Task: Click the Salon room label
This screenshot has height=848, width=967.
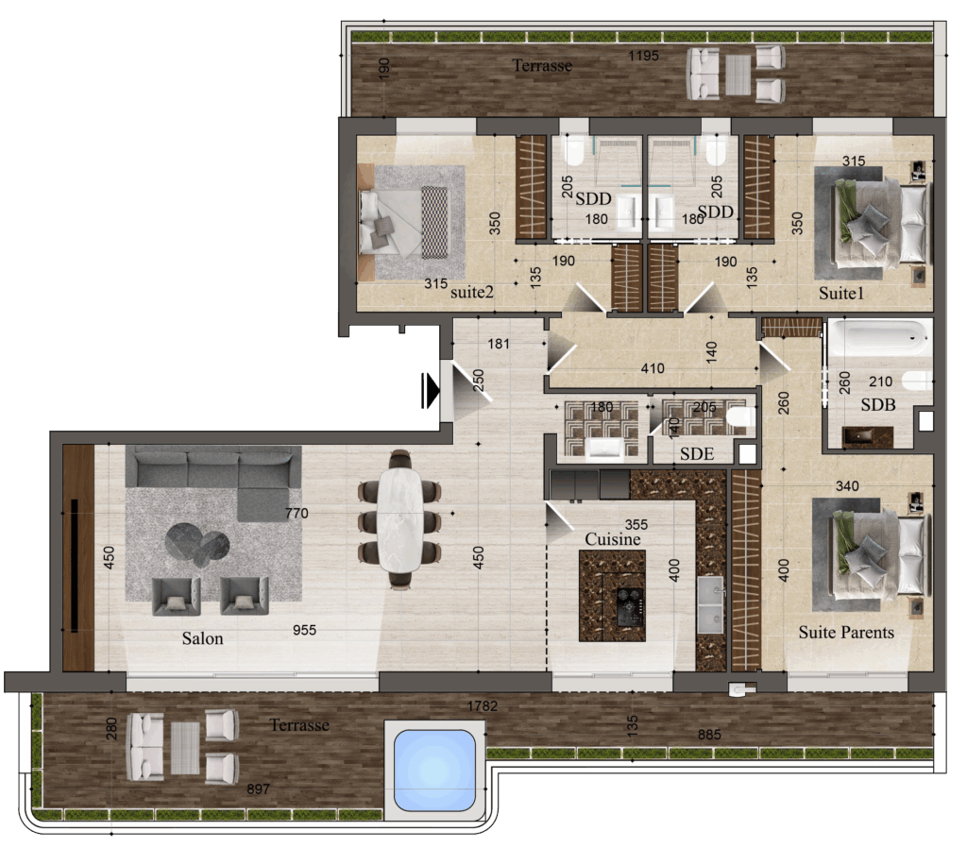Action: (x=202, y=637)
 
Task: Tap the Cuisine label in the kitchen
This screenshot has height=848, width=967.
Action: (x=612, y=539)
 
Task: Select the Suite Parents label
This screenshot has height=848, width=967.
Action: (x=846, y=632)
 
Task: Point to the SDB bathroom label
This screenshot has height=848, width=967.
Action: (x=878, y=404)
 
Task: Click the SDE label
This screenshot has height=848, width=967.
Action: (x=697, y=454)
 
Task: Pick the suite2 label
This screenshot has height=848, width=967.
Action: (x=472, y=292)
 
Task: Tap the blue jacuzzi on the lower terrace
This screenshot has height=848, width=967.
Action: (x=434, y=771)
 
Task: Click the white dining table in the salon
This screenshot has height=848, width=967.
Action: (x=399, y=520)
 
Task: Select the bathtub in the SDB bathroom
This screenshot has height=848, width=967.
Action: (x=879, y=338)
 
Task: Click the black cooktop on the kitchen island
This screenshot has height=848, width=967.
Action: (x=630, y=606)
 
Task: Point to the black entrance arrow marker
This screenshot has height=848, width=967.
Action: (x=430, y=390)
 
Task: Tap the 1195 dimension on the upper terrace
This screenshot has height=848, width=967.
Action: (x=643, y=56)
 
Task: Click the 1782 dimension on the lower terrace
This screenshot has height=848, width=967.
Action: (x=483, y=705)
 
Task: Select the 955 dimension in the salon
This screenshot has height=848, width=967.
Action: (x=305, y=630)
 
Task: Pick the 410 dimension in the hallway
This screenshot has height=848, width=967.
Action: (x=653, y=368)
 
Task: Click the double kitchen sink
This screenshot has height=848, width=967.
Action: (x=710, y=605)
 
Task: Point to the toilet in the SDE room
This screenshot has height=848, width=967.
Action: (x=740, y=417)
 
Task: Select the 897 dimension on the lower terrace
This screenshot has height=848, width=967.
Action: (x=258, y=789)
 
